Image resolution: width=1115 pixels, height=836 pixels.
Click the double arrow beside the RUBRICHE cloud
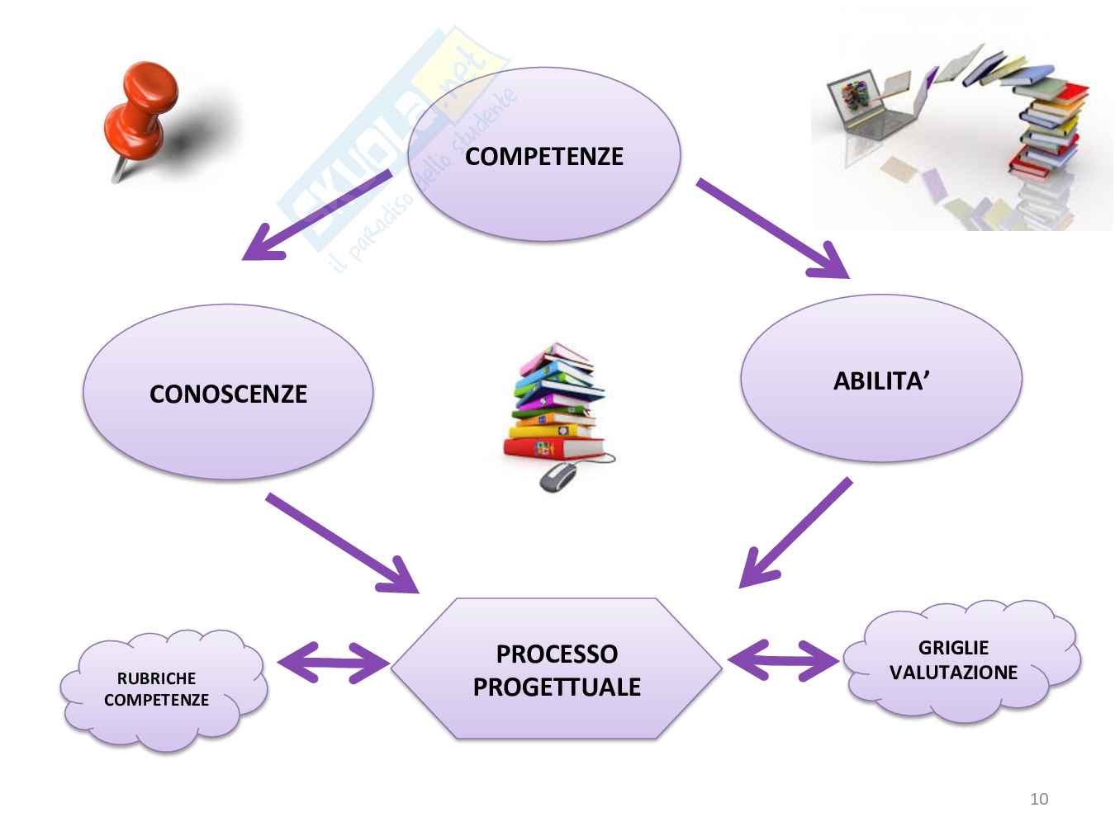pyautogui.click(x=334, y=662)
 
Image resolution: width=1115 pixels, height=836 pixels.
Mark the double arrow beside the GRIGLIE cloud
pyautogui.click(x=783, y=660)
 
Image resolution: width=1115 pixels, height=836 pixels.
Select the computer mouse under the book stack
pyautogui.click(x=558, y=476)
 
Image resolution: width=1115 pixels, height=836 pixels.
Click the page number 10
pyautogui.click(x=1039, y=799)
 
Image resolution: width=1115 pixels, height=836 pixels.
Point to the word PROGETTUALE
pyautogui.click(x=557, y=687)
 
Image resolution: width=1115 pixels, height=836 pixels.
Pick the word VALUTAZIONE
pyautogui.click(x=954, y=673)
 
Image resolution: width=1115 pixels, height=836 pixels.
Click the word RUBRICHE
pyautogui.click(x=157, y=678)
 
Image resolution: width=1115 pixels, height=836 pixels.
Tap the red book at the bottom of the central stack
pyautogui.click(x=553, y=448)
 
